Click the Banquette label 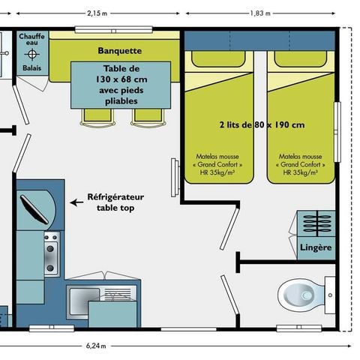pyautogui.click(x=120, y=51)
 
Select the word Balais pyautogui.click(x=31, y=68)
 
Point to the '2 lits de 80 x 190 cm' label pyautogui.click(x=261, y=124)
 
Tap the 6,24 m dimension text pyautogui.click(x=94, y=346)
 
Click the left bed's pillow pyautogui.click(x=220, y=60)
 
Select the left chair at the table pyautogui.click(x=96, y=115)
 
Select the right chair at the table pyautogui.click(x=145, y=115)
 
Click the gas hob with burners pyautogui.click(x=51, y=253)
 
